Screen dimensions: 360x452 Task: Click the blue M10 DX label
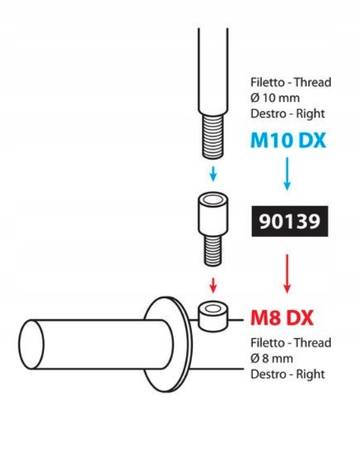tap(288, 140)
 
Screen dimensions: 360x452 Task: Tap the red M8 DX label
tap(282, 318)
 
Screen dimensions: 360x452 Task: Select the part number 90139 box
tap(289, 221)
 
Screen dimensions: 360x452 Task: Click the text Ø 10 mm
tap(275, 98)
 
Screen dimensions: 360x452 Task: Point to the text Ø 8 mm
tap(272, 359)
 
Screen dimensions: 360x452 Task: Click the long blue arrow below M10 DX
tap(287, 174)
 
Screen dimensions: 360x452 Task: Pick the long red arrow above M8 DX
tap(287, 274)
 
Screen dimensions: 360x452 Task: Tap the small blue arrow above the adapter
tap(213, 174)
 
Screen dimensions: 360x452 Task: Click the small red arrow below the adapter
tap(213, 285)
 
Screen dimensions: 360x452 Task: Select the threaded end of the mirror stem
tap(213, 136)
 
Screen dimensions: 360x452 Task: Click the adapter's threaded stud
tap(213, 250)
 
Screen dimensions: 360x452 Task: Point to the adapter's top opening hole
tap(213, 199)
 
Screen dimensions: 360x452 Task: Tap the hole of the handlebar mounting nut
tap(213, 309)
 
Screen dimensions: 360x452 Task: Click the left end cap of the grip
tap(32, 345)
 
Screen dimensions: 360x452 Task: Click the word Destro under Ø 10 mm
tap(268, 114)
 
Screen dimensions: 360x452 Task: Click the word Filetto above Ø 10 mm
tap(268, 82)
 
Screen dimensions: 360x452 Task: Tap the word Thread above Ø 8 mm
tap(313, 343)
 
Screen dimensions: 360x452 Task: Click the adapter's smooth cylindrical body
tap(213, 216)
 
